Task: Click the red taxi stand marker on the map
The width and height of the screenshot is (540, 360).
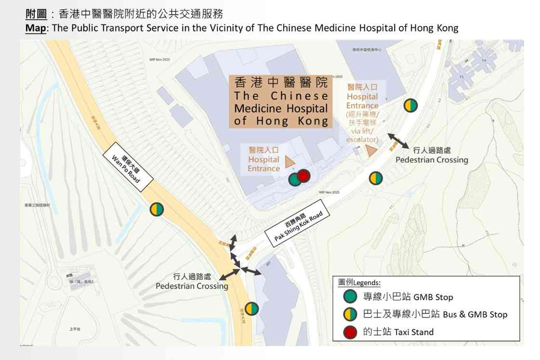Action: click(303, 176)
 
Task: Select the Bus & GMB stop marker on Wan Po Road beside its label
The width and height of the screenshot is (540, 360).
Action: click(157, 209)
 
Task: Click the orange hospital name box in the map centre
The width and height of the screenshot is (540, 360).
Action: click(281, 101)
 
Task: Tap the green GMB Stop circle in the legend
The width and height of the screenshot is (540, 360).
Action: click(350, 296)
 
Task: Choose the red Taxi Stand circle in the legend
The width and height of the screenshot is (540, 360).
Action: click(350, 332)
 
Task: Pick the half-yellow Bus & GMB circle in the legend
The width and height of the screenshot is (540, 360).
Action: click(350, 314)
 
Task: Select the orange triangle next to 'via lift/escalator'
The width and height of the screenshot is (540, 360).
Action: click(371, 151)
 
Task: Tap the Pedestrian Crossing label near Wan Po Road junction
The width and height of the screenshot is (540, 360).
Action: click(192, 282)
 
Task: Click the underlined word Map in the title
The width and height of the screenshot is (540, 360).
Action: click(35, 28)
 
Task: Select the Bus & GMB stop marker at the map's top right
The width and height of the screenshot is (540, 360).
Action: click(410, 105)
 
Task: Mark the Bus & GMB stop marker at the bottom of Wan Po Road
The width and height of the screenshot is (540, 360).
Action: click(251, 309)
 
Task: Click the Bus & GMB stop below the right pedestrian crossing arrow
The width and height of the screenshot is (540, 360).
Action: click(376, 178)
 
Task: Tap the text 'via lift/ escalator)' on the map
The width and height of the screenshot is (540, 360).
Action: click(362, 135)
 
